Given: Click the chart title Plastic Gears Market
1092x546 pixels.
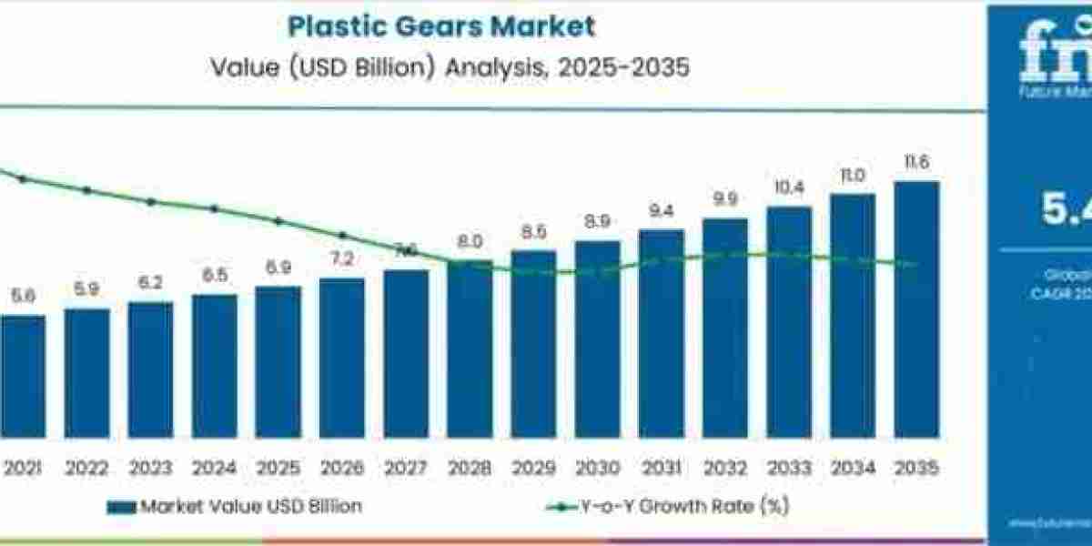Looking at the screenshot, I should pos(441,25).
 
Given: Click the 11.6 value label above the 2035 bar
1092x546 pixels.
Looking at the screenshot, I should pos(916,163).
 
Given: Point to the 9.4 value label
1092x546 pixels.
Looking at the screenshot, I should pos(661,212).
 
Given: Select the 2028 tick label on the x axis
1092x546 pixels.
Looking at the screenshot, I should pos(470,467).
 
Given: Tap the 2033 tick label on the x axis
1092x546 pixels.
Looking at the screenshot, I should pos(789,467).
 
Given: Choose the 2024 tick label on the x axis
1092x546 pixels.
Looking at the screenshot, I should pos(215,467).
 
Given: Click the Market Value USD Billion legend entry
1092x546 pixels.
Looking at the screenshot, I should pos(234,507).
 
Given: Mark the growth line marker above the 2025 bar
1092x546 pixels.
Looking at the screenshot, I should pos(278,220).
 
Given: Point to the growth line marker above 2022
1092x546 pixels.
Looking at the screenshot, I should pos(87,190).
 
